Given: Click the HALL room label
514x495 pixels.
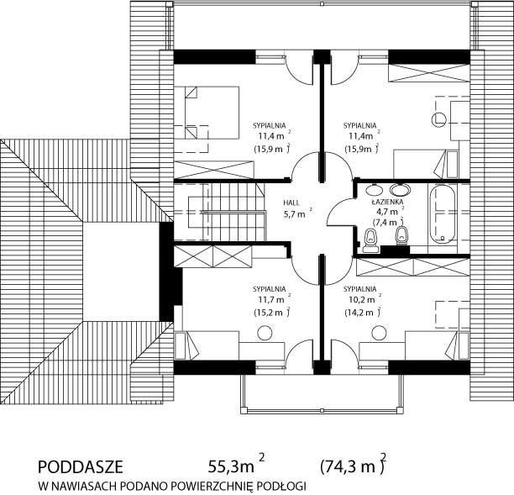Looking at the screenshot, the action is point(291,203).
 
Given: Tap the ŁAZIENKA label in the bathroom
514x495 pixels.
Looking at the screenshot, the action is point(387,202).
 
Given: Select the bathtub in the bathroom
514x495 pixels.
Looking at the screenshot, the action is point(443,215).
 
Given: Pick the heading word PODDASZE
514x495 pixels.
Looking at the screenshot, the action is point(81,466).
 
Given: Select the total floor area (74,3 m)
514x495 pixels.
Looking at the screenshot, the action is point(353,466).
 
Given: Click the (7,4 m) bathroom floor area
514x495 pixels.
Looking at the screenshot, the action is point(388,222).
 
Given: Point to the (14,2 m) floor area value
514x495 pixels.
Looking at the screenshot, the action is point(362,313).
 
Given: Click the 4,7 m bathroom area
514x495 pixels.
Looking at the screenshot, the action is point(390,211).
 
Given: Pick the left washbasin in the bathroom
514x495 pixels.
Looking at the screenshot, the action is point(374,189).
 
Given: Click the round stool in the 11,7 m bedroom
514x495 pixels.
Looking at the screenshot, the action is point(265,333).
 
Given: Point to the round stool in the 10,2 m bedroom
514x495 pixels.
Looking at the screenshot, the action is point(379,333).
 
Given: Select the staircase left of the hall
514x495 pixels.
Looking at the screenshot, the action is point(220,212).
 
